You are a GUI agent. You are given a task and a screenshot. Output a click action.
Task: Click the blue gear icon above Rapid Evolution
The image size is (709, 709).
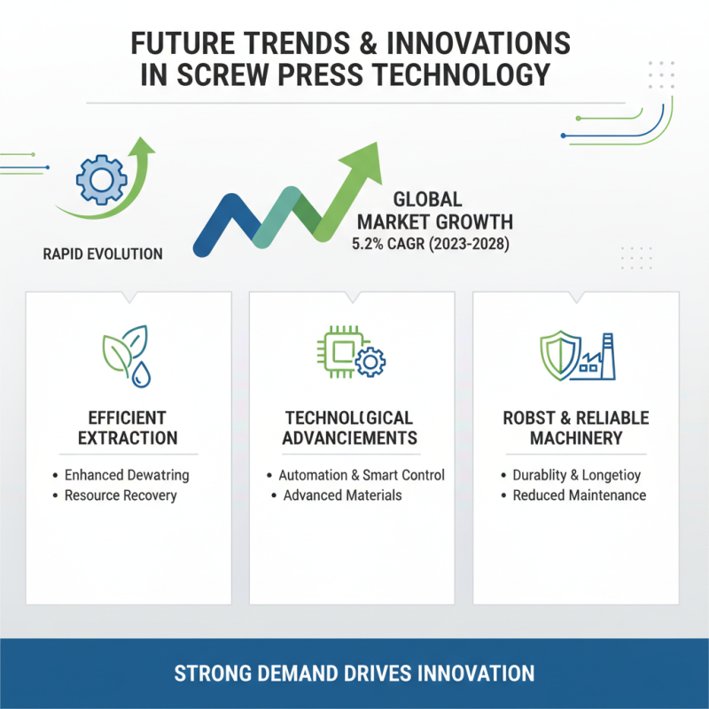click(102, 180)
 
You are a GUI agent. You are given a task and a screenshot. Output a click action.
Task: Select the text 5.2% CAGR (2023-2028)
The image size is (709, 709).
click(431, 245)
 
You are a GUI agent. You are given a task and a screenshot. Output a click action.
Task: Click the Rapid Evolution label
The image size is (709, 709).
click(103, 254)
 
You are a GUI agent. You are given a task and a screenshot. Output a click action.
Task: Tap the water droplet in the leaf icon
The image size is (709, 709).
click(141, 375)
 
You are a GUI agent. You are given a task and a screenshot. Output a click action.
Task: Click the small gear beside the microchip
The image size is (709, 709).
click(370, 362)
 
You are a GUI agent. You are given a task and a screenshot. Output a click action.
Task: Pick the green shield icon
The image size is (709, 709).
click(560, 355)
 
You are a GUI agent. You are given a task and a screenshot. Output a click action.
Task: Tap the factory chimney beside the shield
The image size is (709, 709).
click(609, 356)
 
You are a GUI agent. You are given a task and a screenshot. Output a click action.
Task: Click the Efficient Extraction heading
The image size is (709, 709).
click(128, 428)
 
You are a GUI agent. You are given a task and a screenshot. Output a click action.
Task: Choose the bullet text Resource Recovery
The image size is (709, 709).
click(121, 495)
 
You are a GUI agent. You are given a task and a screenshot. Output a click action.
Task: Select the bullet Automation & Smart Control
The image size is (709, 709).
click(362, 475)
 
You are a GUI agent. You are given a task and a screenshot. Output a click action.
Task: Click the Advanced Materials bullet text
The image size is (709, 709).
click(342, 495)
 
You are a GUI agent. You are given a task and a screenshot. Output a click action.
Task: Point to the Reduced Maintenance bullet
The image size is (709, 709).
click(580, 495)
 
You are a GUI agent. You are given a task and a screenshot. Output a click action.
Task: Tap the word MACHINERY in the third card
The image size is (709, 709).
click(576, 438)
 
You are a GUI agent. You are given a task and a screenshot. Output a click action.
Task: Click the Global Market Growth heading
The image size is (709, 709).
click(435, 211)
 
